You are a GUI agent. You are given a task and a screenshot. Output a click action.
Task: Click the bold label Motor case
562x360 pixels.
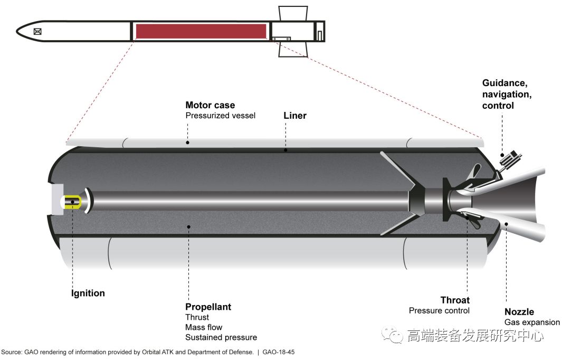pyautogui.click(x=210, y=105)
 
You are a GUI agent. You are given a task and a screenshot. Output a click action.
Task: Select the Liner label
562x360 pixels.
pyautogui.click(x=295, y=116)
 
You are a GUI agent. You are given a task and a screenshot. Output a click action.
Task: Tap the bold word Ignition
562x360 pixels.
pyautogui.click(x=88, y=293)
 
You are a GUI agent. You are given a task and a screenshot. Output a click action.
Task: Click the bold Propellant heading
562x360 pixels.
pyautogui.click(x=208, y=307)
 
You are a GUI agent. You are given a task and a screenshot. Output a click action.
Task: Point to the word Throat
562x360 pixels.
pyautogui.click(x=455, y=300)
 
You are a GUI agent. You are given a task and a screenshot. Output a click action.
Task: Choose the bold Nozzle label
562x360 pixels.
pyautogui.click(x=519, y=312)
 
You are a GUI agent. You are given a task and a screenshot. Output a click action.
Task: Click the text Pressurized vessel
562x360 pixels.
pyautogui.click(x=220, y=115)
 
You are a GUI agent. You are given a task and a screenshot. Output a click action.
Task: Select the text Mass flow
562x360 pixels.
pyautogui.click(x=204, y=327)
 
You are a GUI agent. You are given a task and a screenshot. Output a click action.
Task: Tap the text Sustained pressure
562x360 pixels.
pyautogui.click(x=221, y=337)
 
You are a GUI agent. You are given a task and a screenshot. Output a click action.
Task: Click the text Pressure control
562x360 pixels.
pyautogui.click(x=439, y=310)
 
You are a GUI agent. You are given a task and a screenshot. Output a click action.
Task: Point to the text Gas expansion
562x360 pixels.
pyautogui.click(x=532, y=322)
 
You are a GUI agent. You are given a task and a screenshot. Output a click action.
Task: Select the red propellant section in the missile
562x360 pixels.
pyautogui.click(x=201, y=31)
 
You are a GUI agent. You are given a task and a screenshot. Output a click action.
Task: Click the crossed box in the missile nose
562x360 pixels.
pyautogui.click(x=37, y=31)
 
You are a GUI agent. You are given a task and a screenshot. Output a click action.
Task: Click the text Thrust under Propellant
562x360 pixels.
pyautogui.click(x=197, y=317)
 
